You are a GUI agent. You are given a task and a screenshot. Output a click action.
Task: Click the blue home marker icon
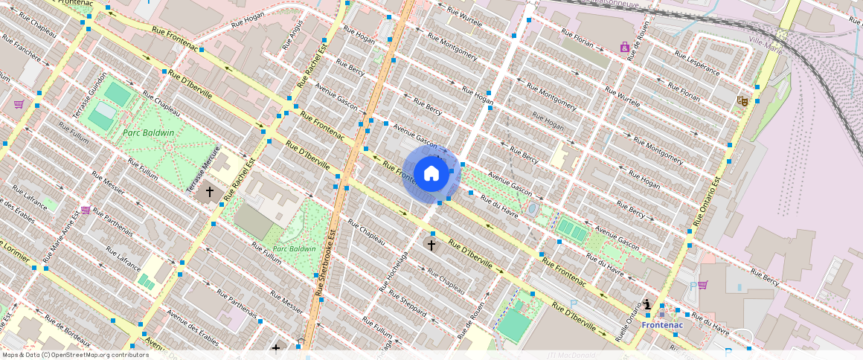pyautogui.click(x=431, y=174)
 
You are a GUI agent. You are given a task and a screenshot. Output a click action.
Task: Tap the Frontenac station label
pyautogui.click(x=661, y=325)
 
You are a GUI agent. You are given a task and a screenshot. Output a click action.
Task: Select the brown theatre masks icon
pyautogui.click(x=741, y=100)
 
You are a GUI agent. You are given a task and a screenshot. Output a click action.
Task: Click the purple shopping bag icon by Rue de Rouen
pyautogui.click(x=624, y=47)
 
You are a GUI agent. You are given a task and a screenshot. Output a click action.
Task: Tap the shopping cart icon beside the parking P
pyautogui.click(x=702, y=284)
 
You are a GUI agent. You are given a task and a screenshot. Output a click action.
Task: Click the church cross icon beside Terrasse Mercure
pyautogui.click(x=210, y=191)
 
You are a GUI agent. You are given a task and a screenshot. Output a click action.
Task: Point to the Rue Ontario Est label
pyautogui.click(x=708, y=202)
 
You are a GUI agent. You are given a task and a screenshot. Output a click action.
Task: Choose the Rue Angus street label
pyautogui.click(x=293, y=35)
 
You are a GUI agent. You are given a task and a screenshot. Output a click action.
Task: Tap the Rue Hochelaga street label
pyautogui.click(x=393, y=271)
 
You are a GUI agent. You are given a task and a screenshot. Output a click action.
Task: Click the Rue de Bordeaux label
pyautogui.click(x=68, y=331)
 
